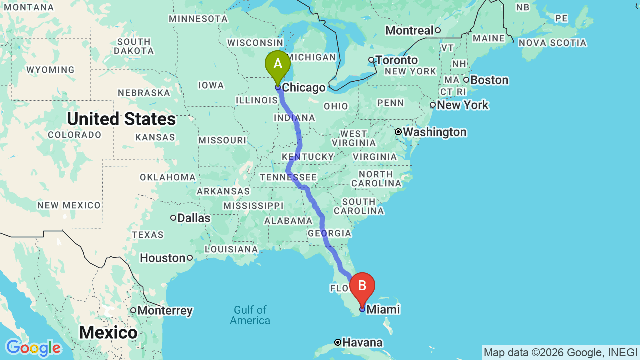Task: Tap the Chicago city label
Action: (x=304, y=88)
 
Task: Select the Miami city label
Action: (x=383, y=310)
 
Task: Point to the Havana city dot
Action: (x=338, y=342)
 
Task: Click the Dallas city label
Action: (x=194, y=218)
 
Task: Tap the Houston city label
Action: (x=163, y=258)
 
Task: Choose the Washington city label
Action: (x=435, y=132)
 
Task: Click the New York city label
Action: (x=463, y=105)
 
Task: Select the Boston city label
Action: (x=489, y=80)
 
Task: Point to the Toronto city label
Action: (x=397, y=60)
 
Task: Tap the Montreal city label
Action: (x=409, y=31)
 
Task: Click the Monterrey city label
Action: (x=165, y=311)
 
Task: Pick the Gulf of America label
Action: (x=250, y=315)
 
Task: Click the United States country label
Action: (x=121, y=119)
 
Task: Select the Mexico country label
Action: (x=108, y=332)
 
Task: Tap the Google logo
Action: (x=33, y=348)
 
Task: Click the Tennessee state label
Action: (x=288, y=177)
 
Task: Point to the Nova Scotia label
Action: (x=552, y=43)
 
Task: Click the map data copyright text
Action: (x=560, y=352)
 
